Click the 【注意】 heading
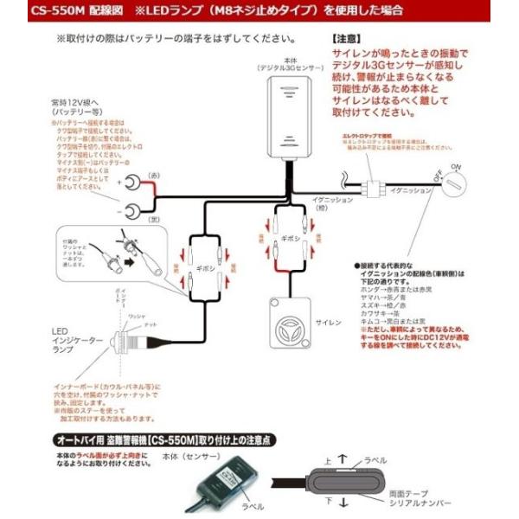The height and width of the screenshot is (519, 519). click(347, 40)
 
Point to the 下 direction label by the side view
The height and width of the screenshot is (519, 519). click(328, 499)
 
